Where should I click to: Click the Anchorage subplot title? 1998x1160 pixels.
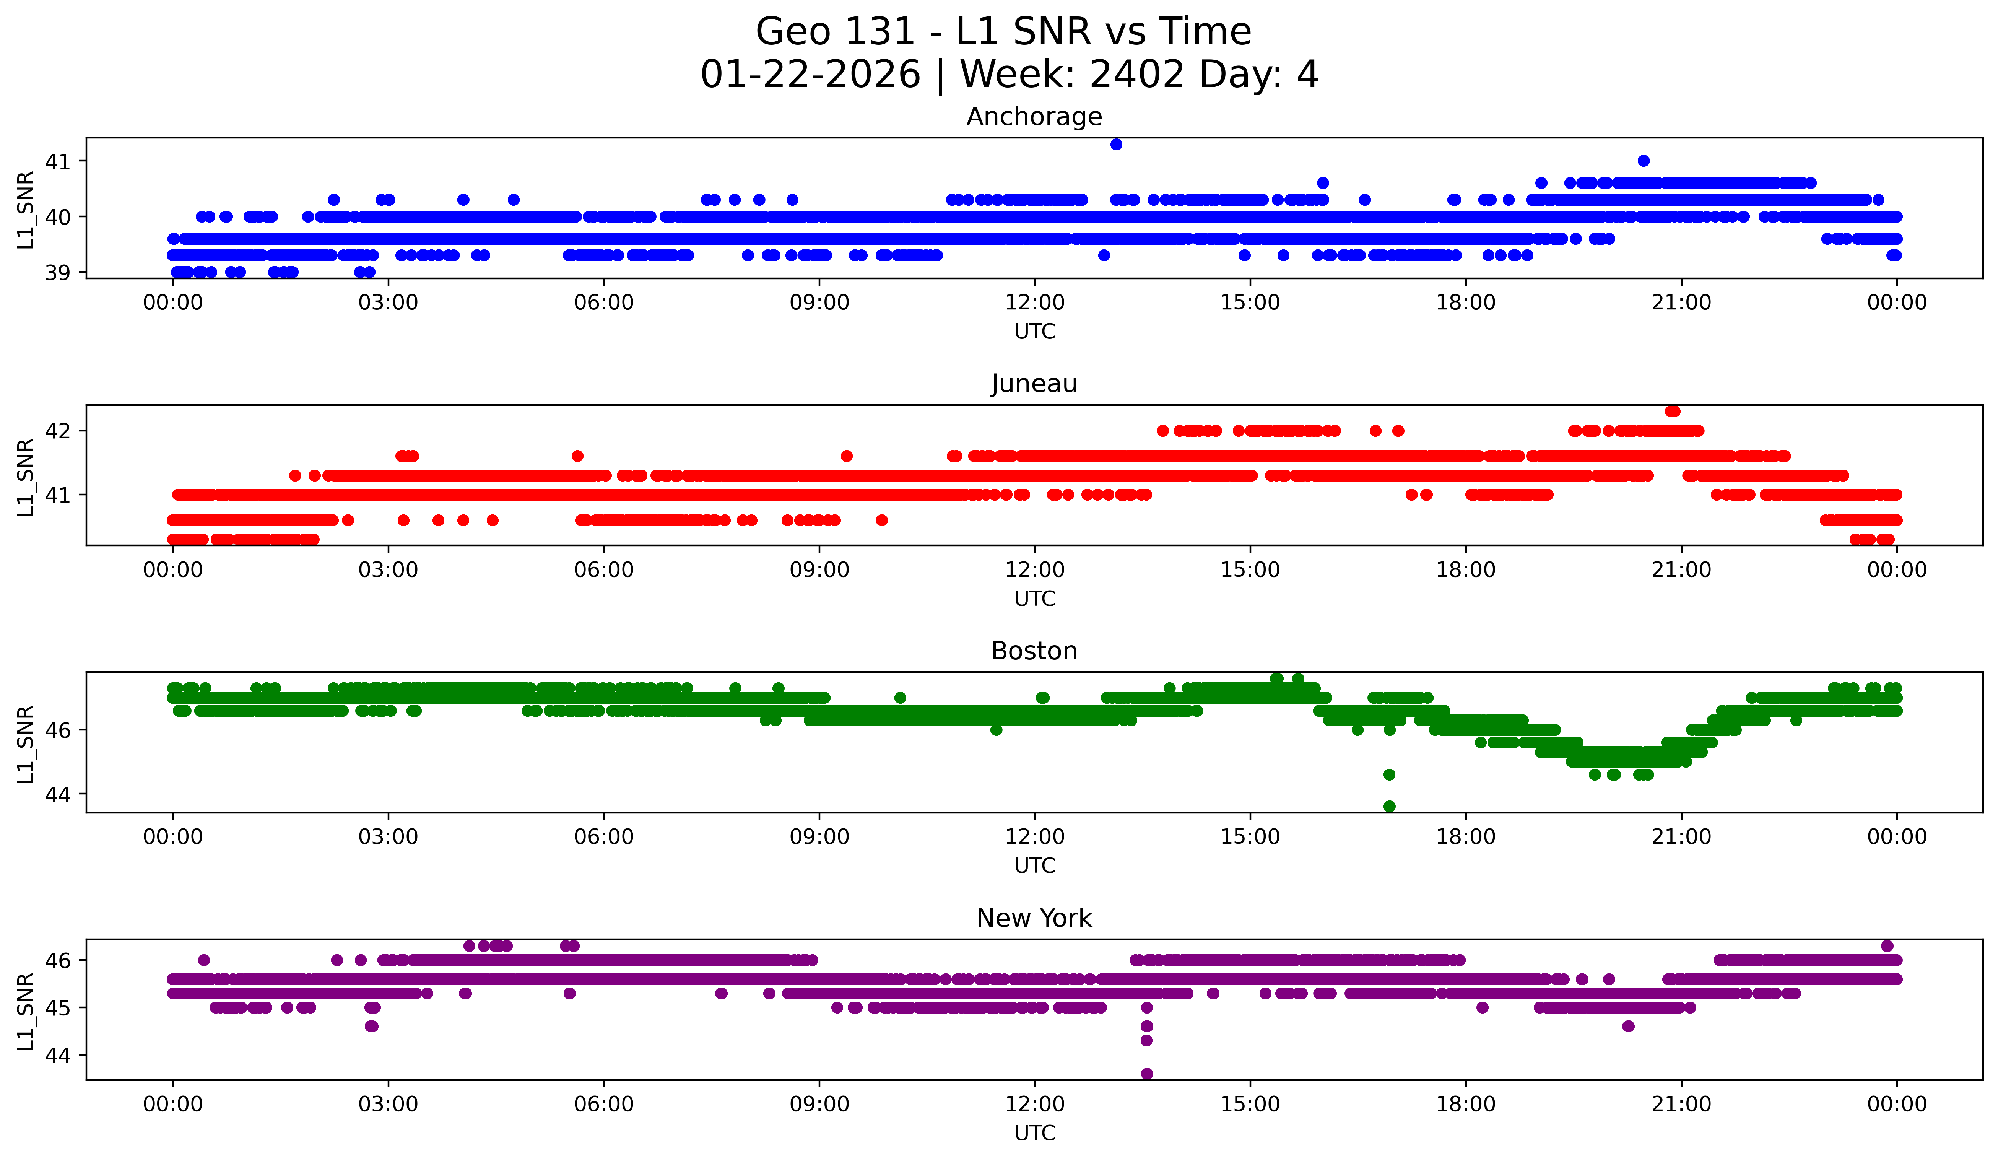click(x=1034, y=117)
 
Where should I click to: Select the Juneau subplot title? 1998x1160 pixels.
click(x=1034, y=384)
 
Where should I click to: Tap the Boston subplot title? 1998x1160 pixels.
click(x=1034, y=651)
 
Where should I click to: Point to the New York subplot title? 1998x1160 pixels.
click(x=1034, y=918)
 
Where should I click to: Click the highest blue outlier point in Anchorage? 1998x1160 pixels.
click(x=1116, y=144)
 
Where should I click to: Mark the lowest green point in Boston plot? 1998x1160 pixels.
click(x=1389, y=806)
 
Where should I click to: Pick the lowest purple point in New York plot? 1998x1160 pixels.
click(x=1146, y=1074)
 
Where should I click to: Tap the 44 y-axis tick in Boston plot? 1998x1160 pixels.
click(x=57, y=794)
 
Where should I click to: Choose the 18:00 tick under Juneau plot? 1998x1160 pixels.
click(x=1465, y=570)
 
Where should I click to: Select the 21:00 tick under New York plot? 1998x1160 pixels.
click(x=1681, y=1105)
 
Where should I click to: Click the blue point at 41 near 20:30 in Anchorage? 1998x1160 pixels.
click(x=1644, y=161)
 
